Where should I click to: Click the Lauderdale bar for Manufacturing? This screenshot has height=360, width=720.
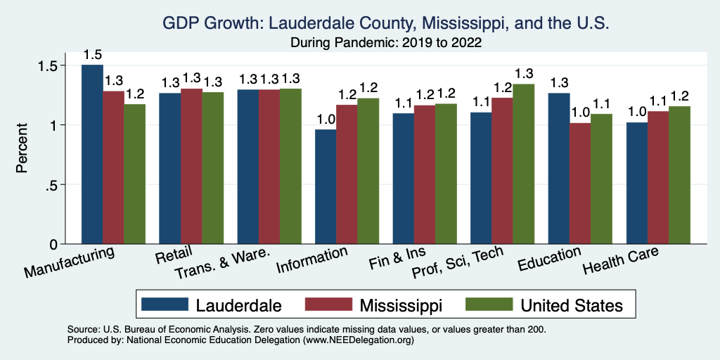point(92,155)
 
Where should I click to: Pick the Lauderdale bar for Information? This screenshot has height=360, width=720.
point(326,186)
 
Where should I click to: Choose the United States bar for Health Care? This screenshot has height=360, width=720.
point(679,175)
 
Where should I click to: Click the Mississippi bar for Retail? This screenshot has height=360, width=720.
point(191,166)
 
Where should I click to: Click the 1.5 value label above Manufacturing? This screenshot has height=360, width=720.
point(92,55)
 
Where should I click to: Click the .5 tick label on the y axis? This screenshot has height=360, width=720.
point(60,185)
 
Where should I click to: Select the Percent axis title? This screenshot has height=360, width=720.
point(22,149)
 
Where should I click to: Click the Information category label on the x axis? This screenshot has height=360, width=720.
point(311,261)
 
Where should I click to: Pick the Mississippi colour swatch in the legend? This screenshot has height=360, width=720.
point(328,305)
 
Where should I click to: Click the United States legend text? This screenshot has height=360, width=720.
point(571,305)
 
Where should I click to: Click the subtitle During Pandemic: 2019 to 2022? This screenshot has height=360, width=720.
point(385,43)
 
